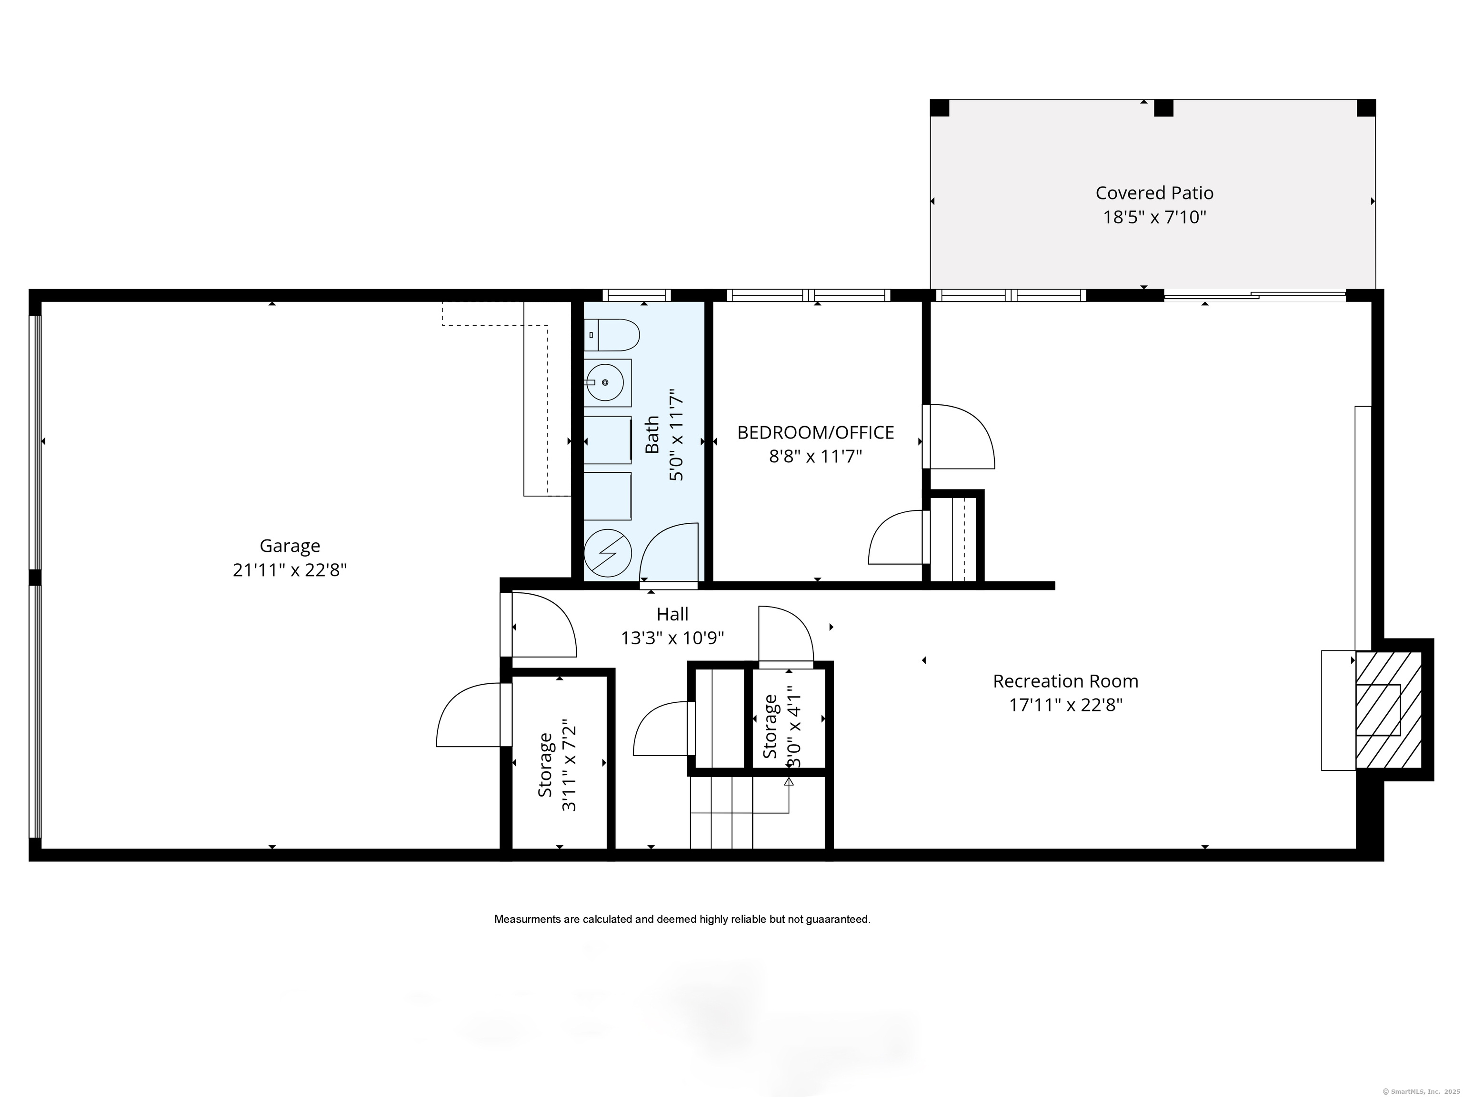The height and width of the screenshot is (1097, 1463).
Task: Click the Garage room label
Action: click(x=290, y=546)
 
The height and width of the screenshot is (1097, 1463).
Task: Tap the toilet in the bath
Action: click(x=612, y=335)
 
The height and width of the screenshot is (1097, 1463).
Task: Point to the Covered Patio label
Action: click(x=1154, y=193)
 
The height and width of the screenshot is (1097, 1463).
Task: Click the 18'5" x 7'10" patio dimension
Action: click(x=1154, y=218)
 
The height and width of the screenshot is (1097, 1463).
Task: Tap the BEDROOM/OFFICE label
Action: click(x=815, y=432)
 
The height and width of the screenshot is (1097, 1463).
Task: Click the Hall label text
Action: click(x=672, y=614)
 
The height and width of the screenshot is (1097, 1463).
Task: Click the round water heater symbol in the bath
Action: click(x=607, y=553)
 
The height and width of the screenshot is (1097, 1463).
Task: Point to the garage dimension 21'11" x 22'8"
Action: click(x=290, y=570)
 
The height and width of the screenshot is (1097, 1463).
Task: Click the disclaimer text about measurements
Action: click(x=682, y=919)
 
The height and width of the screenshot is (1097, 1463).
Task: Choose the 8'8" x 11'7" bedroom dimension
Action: click(x=815, y=456)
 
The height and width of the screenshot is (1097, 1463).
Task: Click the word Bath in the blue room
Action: click(x=652, y=434)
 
